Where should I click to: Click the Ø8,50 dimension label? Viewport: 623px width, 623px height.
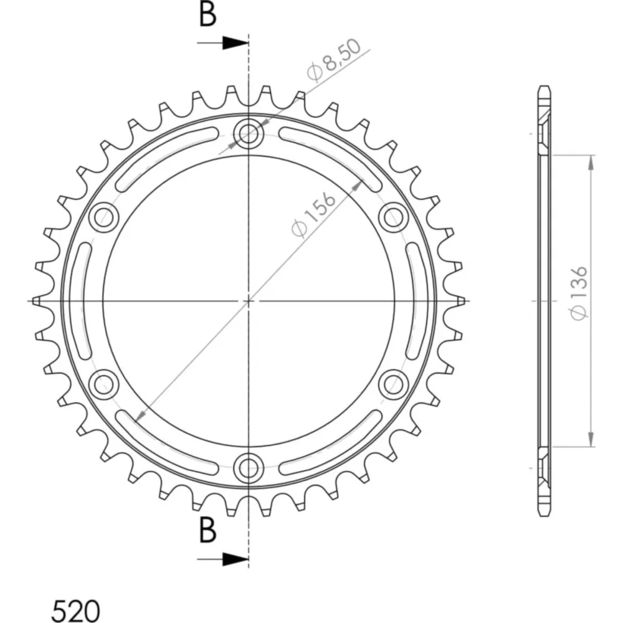335,60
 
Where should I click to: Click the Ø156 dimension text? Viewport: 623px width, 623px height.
314,215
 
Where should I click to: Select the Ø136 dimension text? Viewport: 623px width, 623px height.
579,292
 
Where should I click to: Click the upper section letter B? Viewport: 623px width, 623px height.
207,14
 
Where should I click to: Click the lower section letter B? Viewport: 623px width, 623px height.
207,530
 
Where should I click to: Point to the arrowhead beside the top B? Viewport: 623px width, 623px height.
235,42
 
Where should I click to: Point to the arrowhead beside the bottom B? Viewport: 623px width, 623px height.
235,559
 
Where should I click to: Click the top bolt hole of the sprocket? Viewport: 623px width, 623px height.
249,133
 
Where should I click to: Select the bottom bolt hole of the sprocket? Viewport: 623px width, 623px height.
249,468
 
